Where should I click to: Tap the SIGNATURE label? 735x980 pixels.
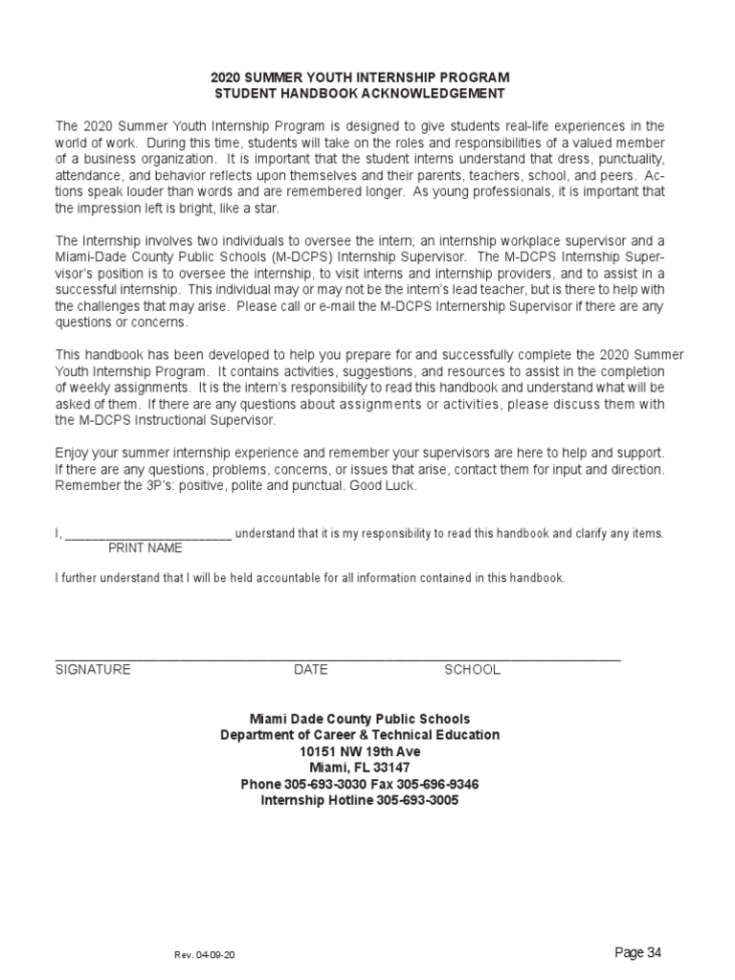pos(93,670)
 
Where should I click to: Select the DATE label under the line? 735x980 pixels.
pos(311,670)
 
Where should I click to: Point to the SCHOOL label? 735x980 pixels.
pos(472,670)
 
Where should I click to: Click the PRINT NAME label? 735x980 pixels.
pos(145,548)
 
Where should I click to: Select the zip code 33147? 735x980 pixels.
pos(390,768)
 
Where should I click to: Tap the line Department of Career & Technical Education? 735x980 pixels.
pos(360,735)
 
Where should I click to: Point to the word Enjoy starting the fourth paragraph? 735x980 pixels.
pos(73,452)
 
